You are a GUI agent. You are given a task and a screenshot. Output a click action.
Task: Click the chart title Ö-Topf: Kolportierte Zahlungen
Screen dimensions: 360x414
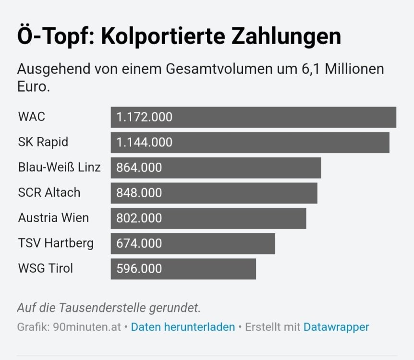click(179, 37)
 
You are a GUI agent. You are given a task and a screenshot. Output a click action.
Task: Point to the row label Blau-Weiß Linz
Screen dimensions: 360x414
click(59, 168)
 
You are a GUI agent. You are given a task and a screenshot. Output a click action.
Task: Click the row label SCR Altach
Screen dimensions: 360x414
click(49, 192)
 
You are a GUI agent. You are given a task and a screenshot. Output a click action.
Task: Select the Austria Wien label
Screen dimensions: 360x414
click(53, 218)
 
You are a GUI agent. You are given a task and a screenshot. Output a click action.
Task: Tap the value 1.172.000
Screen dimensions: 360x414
click(144, 117)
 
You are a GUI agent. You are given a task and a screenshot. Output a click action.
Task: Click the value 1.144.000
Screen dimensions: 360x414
click(144, 143)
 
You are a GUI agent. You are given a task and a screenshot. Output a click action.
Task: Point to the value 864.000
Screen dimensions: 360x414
click(139, 168)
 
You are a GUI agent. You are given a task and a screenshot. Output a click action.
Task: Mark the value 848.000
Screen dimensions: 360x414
click(139, 193)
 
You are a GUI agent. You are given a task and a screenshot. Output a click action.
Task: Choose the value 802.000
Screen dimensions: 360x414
click(139, 218)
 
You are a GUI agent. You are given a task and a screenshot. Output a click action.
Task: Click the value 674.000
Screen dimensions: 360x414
click(139, 243)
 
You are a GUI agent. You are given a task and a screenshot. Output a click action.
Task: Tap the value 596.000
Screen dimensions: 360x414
click(139, 269)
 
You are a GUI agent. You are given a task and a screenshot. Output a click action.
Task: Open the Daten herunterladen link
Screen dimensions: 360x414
click(183, 327)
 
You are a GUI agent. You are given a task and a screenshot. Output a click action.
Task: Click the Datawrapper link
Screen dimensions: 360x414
click(336, 327)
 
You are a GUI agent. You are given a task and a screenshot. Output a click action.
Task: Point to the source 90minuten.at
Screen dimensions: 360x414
click(87, 327)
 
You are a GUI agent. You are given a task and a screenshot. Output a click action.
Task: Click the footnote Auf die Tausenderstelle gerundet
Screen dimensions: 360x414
click(109, 308)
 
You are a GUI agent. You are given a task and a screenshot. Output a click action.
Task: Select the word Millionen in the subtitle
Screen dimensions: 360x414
click(354, 69)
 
